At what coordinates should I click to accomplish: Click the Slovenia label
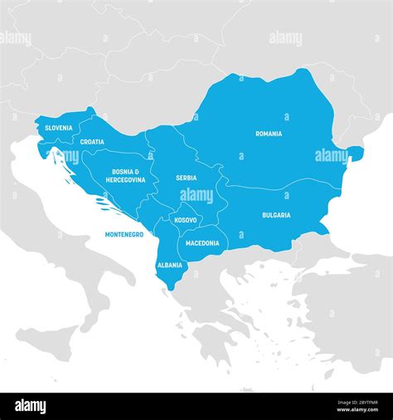58,128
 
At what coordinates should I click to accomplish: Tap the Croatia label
92,142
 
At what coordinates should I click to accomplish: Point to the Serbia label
186,178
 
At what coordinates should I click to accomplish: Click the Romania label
268,134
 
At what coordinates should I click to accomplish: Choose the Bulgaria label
276,215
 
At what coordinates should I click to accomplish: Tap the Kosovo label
186,220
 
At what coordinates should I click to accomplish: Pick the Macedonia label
202,243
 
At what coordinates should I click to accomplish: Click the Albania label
170,265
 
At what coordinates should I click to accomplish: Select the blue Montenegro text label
124,235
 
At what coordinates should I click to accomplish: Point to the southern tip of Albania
171,287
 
